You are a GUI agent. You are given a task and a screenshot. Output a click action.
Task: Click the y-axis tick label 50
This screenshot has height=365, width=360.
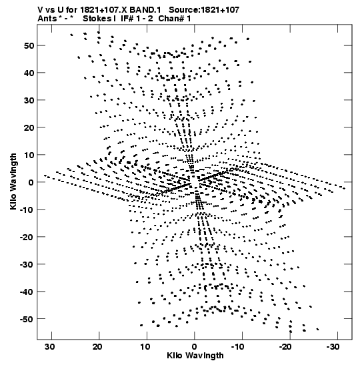29,45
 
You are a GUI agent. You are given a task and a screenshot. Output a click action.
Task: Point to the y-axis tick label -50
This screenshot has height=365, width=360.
27,319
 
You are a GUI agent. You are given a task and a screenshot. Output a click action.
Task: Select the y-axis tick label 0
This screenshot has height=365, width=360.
31,182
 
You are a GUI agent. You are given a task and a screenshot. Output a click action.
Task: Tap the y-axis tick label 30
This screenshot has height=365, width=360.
29,100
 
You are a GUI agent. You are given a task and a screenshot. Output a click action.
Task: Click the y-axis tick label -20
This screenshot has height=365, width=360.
27,237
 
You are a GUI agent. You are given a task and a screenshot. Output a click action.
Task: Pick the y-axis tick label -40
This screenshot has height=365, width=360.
27,292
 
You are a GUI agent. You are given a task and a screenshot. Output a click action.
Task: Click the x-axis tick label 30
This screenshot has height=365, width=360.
50,347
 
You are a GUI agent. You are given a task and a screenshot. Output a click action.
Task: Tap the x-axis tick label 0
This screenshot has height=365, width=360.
195,347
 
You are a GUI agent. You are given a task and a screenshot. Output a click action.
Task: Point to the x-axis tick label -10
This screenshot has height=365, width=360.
239,347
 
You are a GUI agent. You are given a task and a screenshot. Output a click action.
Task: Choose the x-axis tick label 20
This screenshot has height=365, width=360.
97,347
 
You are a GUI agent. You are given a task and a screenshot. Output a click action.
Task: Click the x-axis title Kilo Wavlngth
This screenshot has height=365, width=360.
195,356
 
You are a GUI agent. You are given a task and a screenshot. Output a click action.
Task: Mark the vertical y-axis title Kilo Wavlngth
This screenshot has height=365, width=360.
13,181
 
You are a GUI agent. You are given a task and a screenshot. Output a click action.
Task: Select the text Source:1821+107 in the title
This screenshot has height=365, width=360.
204,10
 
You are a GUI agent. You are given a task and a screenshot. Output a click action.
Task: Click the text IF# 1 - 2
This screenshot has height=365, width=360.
137,19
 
